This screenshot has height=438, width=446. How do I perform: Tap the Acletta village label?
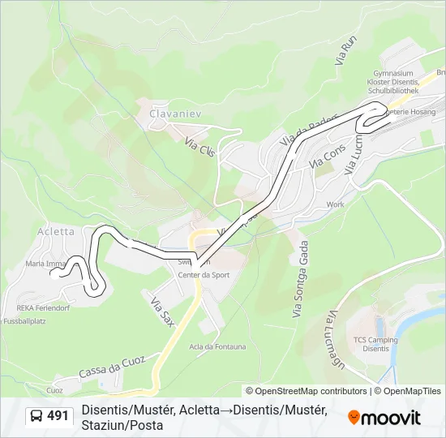click(x=56, y=231)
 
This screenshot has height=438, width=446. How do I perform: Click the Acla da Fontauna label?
click(x=217, y=347)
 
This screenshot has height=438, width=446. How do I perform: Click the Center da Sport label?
click(x=204, y=275)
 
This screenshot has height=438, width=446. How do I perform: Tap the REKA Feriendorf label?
click(x=45, y=308)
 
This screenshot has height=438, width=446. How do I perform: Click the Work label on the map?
click(x=335, y=204)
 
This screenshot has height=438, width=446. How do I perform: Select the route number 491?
click(x=58, y=416)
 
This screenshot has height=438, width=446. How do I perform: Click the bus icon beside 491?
click(x=36, y=417)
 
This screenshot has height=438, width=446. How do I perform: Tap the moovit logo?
click(x=384, y=418)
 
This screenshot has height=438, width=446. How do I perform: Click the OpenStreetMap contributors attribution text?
click(x=311, y=391)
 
